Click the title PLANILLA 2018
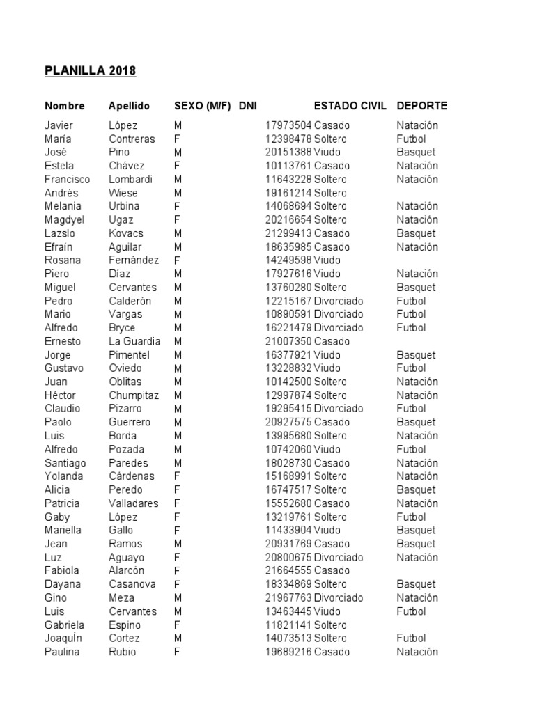click(90, 71)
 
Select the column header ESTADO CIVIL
click(350, 106)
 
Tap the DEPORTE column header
click(421, 106)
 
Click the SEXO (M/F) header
click(202, 106)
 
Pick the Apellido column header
click(129, 106)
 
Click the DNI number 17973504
click(288, 125)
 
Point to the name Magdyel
click(64, 219)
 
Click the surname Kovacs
click(125, 233)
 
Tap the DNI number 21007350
click(288, 341)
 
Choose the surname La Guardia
click(134, 341)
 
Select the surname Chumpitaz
click(134, 395)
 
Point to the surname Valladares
click(134, 503)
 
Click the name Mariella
click(63, 530)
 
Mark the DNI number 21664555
click(288, 570)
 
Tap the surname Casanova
click(132, 584)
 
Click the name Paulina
click(62, 652)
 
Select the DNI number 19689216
click(288, 652)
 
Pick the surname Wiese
click(123, 193)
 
